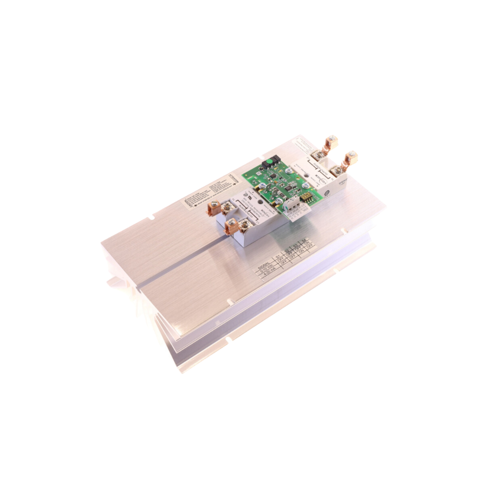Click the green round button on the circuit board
point(269,162)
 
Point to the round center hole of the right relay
point(307,175)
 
